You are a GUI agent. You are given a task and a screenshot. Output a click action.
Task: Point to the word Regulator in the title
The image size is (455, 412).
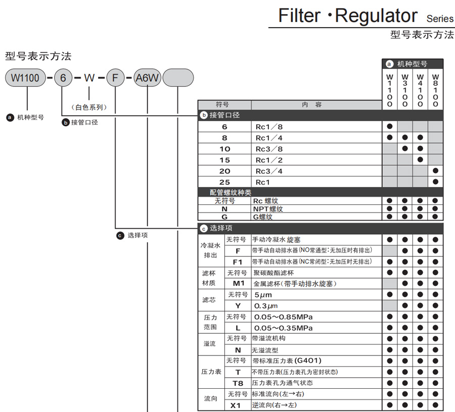[x=376, y=16]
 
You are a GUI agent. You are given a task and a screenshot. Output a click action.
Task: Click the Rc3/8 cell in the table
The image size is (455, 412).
[x=269, y=149]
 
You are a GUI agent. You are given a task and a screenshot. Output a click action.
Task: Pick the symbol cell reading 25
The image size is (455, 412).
[x=224, y=182]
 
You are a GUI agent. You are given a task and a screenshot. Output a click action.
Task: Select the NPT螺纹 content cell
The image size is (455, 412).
[x=268, y=209]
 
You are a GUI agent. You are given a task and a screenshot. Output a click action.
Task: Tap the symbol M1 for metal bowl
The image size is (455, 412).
[x=238, y=284]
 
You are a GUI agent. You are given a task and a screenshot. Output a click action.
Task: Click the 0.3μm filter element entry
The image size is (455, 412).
[x=266, y=306]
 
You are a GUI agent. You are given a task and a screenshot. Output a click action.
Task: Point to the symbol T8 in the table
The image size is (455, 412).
[x=238, y=383]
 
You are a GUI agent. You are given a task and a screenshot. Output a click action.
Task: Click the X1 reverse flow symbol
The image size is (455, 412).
[x=236, y=405]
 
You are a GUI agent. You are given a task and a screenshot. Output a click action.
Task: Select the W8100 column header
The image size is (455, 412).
[x=436, y=90]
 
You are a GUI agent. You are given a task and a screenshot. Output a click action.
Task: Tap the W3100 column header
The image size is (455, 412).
[x=405, y=90]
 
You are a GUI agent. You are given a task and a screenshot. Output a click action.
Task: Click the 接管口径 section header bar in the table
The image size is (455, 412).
[x=321, y=115]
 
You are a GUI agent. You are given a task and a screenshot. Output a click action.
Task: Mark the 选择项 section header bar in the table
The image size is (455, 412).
[x=321, y=228]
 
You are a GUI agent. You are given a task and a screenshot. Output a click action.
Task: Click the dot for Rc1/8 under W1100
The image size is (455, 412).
[x=390, y=126]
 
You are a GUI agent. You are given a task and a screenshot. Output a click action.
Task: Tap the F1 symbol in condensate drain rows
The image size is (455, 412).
[x=238, y=262]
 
